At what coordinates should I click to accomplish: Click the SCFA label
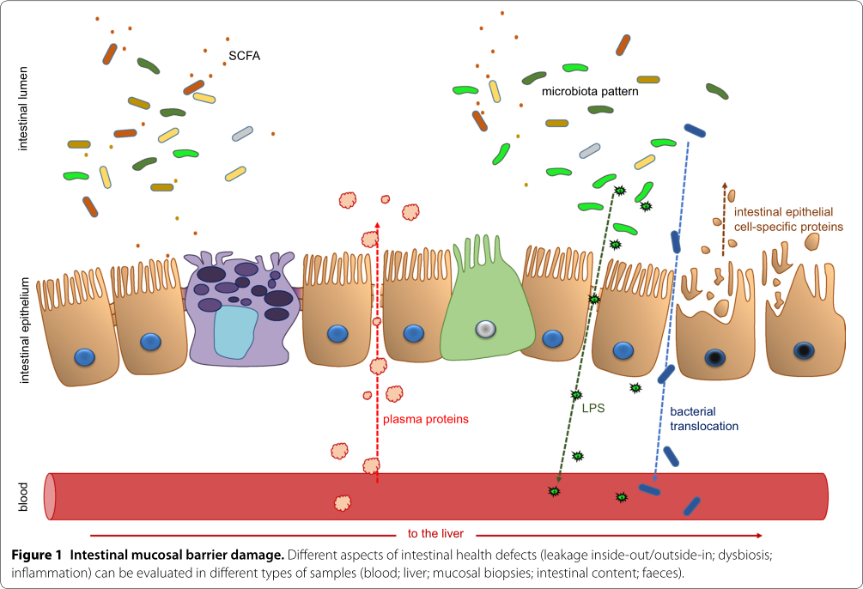pyautogui.click(x=245, y=57)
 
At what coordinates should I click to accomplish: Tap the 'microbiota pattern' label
pyautogui.click(x=589, y=90)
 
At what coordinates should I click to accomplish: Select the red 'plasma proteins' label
pyautogui.click(x=426, y=420)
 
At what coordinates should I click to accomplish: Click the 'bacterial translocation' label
pyautogui.click(x=703, y=418)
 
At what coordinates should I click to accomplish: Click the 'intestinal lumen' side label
pyautogui.click(x=22, y=112)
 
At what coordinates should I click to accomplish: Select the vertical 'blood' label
pyautogui.click(x=22, y=496)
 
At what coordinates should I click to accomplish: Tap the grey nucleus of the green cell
pyautogui.click(x=486, y=329)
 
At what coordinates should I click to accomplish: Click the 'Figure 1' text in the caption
pyautogui.click(x=37, y=555)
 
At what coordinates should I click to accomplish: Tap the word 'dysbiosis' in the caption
pyautogui.click(x=745, y=555)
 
